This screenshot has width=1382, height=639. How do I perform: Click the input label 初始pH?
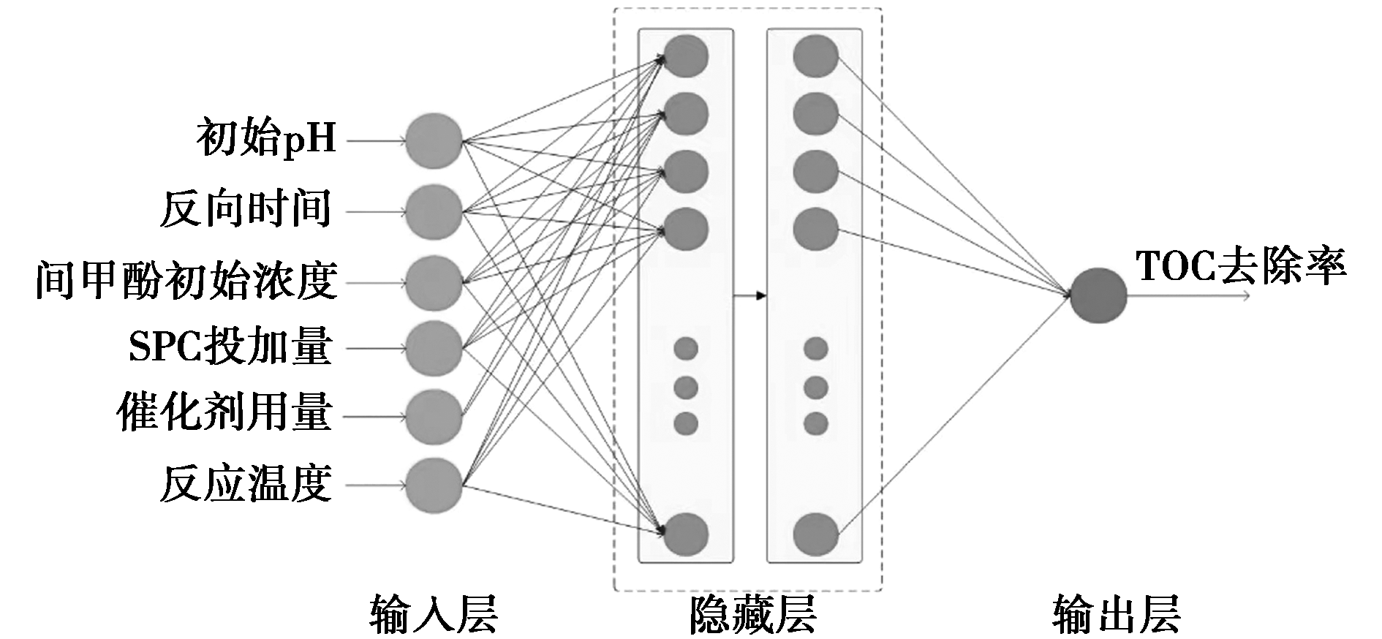265,138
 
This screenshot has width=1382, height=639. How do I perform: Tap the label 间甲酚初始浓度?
186,280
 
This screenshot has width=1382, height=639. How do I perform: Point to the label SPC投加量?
230,347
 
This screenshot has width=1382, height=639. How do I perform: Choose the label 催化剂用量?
224,414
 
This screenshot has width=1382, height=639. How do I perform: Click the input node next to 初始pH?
434,140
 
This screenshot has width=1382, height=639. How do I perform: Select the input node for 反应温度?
434,485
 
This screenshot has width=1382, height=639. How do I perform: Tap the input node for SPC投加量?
434,349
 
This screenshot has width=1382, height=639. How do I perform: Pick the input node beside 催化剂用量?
434,417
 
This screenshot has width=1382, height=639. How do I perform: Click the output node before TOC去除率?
1098,295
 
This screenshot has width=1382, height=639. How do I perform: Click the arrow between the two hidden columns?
749,296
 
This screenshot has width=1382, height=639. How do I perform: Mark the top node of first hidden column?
686,56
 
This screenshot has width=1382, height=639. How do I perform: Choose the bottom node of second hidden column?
815,534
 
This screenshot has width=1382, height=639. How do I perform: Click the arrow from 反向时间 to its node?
376,212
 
